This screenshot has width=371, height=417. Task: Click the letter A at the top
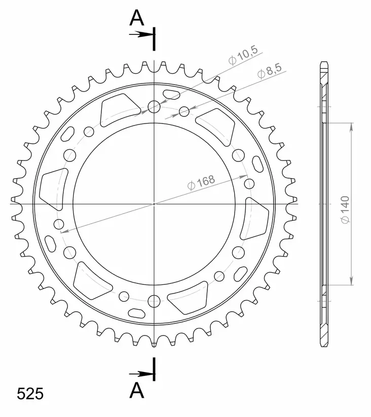point(137,18)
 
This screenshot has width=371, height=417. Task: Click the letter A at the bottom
point(137,391)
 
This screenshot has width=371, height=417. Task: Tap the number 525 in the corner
point(30,394)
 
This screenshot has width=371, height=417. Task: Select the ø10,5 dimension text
point(243,55)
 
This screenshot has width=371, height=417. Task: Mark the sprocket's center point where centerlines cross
point(154,204)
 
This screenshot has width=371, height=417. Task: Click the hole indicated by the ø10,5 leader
point(154,106)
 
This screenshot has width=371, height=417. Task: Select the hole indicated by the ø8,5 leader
point(184,110)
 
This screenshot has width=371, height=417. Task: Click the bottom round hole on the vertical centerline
point(154,302)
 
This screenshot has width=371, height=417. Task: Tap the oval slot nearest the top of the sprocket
point(171,93)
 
